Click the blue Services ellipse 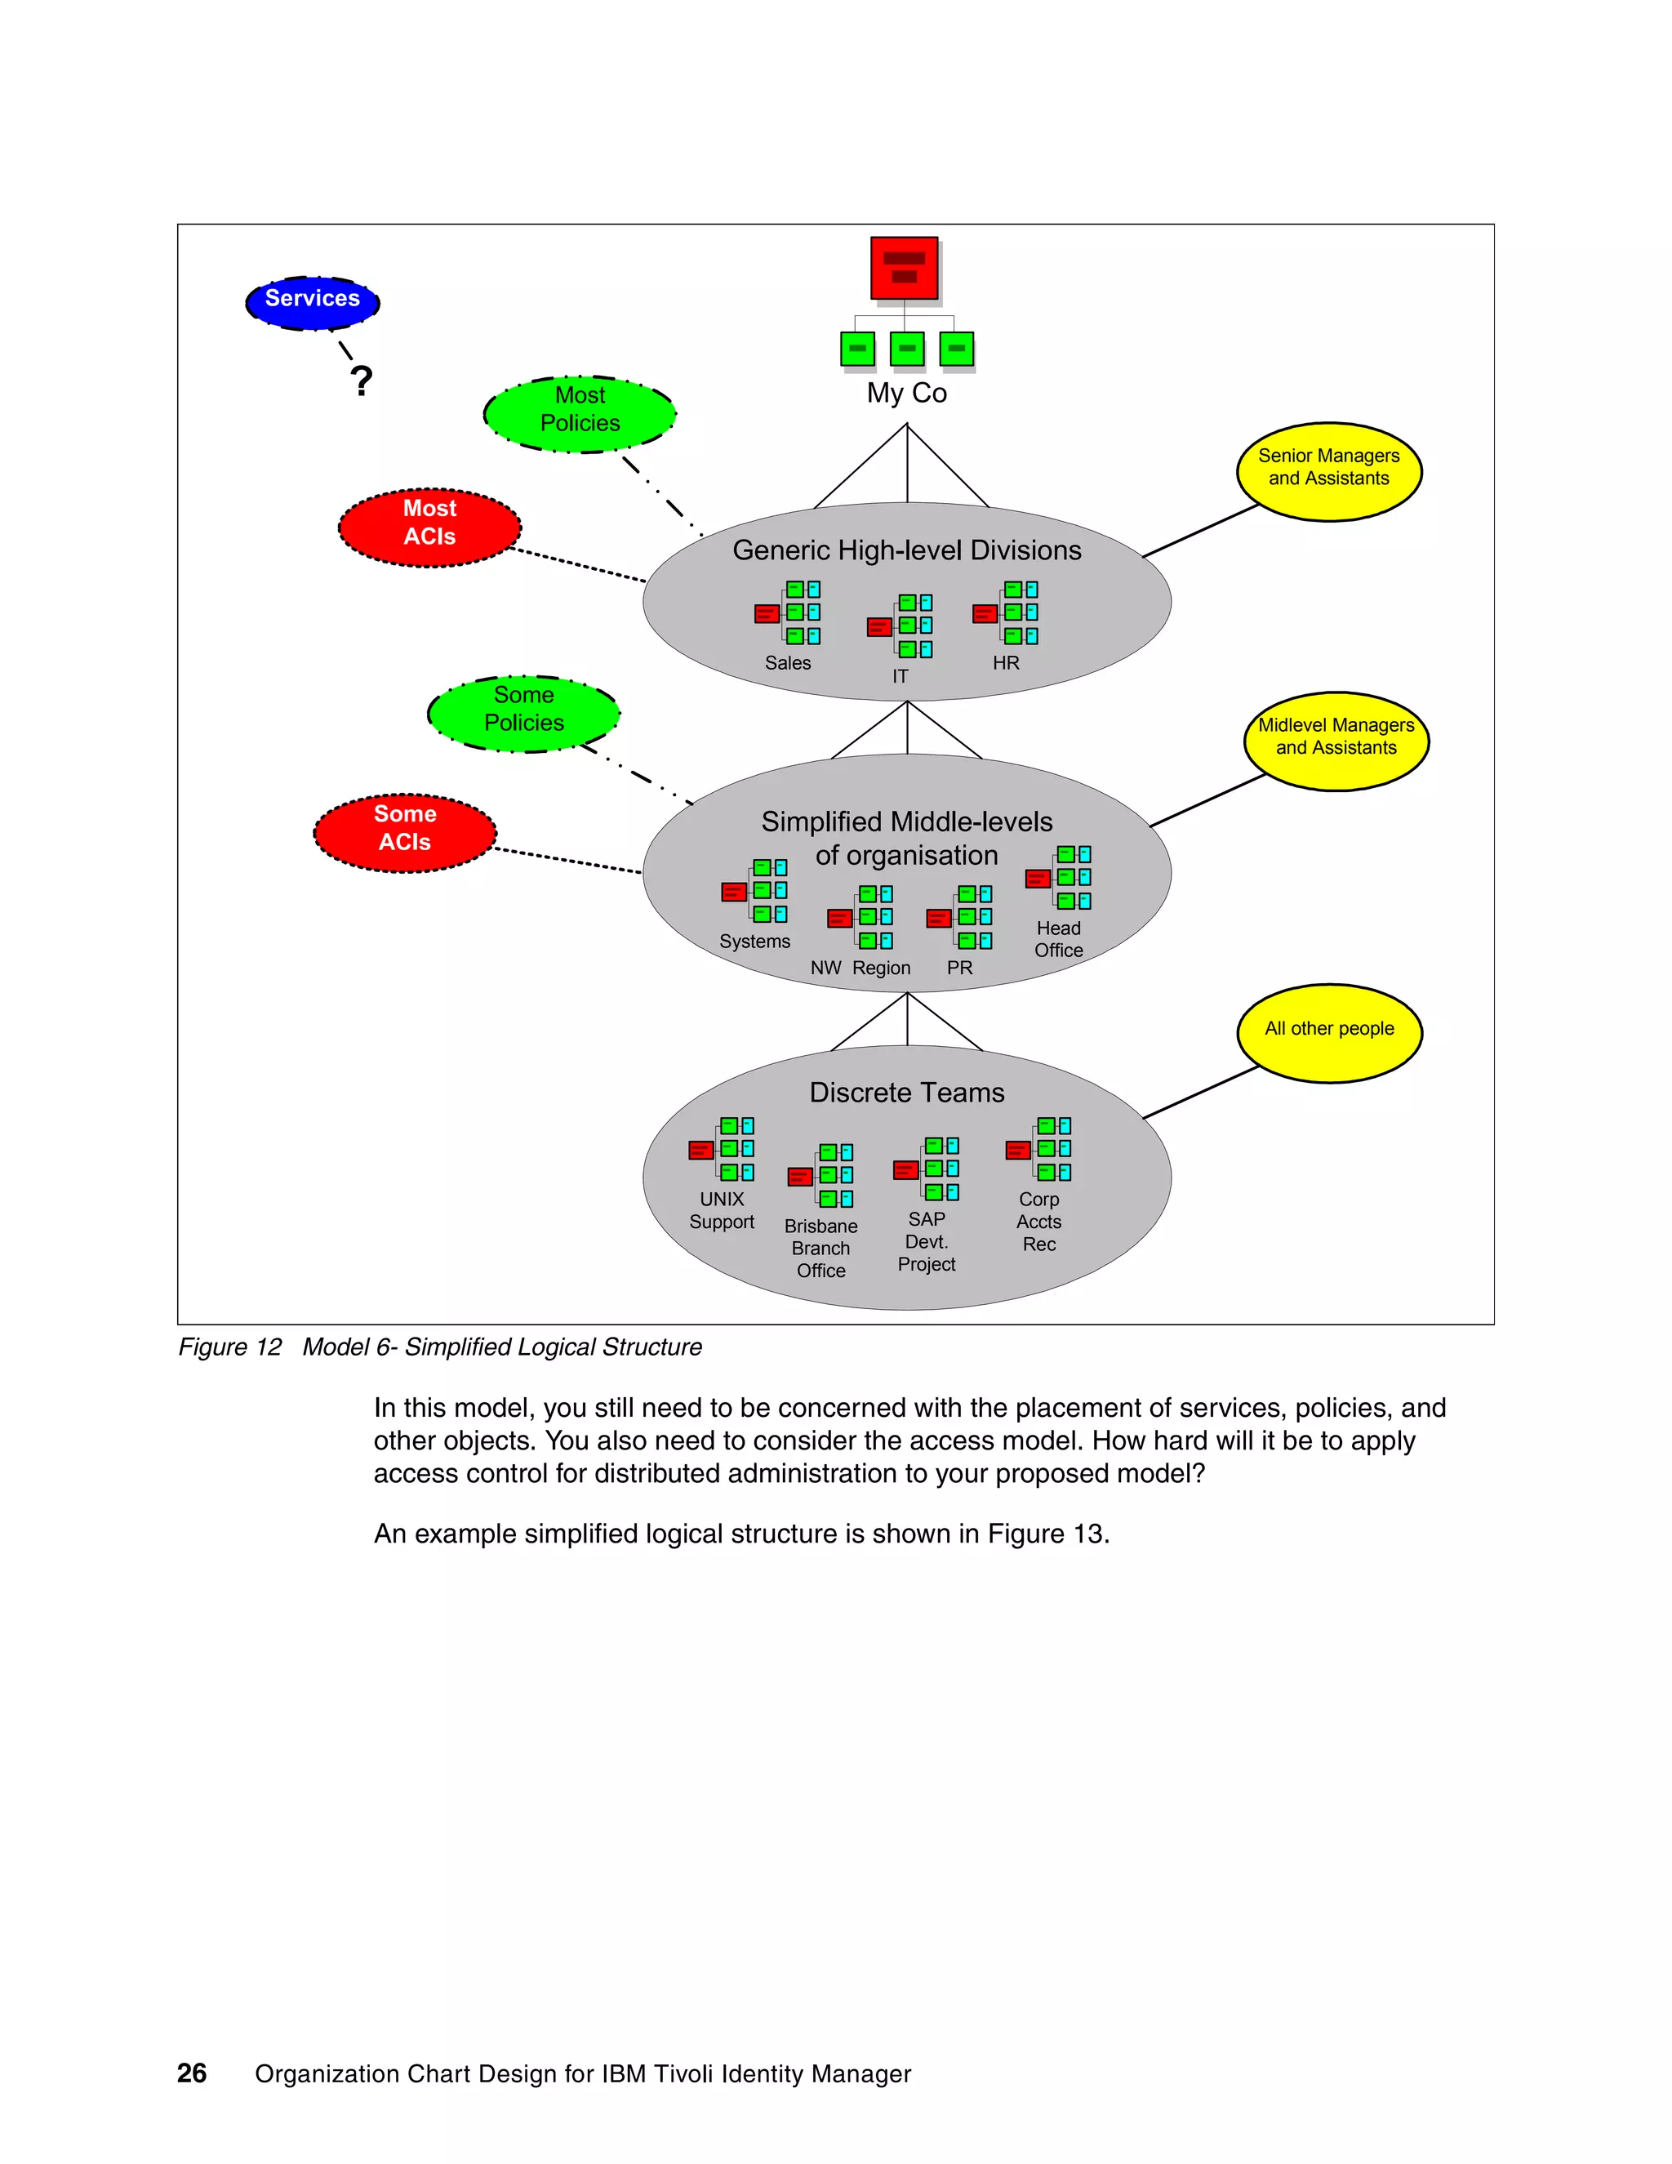(x=313, y=301)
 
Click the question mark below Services (x=362, y=381)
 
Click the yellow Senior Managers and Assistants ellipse (x=1328, y=470)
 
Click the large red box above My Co (x=904, y=268)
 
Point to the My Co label (x=906, y=394)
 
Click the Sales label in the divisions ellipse (x=788, y=663)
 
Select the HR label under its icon (x=1005, y=663)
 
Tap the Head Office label (x=1058, y=939)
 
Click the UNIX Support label (x=721, y=1210)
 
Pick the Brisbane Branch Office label (x=820, y=1248)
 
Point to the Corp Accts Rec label (x=1038, y=1221)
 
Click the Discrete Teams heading (x=906, y=1092)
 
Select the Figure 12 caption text (x=440, y=1347)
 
